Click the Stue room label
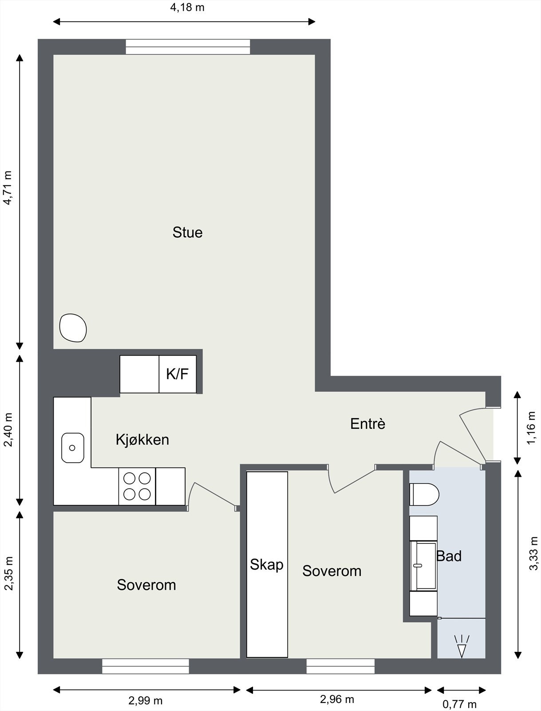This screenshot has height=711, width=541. [x=188, y=232]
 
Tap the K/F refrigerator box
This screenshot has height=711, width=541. [x=178, y=374]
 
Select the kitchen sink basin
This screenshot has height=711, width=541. [x=73, y=447]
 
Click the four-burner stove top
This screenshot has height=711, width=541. [x=137, y=486]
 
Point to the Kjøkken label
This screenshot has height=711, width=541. [x=142, y=439]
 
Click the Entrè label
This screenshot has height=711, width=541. [x=367, y=423]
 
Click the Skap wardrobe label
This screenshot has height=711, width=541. [x=266, y=565]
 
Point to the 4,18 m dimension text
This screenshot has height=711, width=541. [x=187, y=8]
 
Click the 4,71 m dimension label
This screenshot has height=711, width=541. [x=8, y=188]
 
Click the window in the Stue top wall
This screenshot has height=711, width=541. [x=188, y=47]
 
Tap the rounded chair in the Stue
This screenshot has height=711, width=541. [x=73, y=328]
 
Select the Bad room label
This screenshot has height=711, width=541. [x=449, y=556]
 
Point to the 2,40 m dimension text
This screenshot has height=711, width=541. [x=8, y=430]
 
